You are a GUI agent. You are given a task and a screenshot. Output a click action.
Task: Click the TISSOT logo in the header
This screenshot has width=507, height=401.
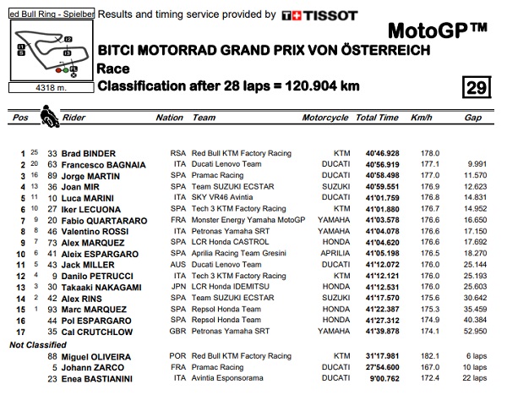pyautogui.click(x=319, y=15)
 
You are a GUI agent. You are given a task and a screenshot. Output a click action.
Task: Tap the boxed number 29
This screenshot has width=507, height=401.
pyautogui.click(x=477, y=87)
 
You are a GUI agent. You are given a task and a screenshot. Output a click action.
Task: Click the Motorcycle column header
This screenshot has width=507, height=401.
pyautogui.click(x=325, y=118)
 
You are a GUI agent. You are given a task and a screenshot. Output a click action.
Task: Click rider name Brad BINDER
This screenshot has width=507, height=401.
pyautogui.click(x=87, y=153)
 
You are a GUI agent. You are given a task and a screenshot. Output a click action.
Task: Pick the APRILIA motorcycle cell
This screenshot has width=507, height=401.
pyautogui.click(x=333, y=252)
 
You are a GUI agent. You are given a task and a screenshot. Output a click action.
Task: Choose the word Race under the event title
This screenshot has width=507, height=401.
pyautogui.click(x=113, y=68)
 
